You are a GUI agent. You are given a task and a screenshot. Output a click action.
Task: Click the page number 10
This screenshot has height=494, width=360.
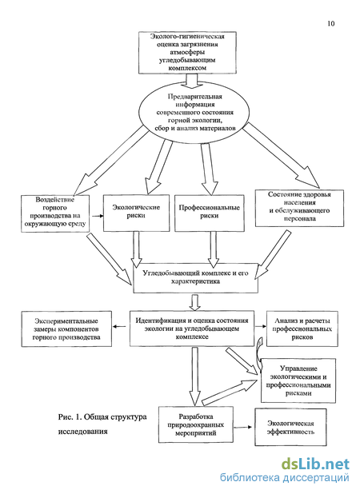(330, 24)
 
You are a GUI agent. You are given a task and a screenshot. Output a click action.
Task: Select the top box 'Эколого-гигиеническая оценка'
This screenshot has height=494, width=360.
(187, 53)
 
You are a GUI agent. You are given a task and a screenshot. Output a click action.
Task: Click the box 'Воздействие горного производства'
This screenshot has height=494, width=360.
(55, 213)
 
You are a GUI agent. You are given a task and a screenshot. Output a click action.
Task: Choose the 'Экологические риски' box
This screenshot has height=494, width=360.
(136, 213)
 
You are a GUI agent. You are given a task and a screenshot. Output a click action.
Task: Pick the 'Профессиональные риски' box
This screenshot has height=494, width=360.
(210, 213)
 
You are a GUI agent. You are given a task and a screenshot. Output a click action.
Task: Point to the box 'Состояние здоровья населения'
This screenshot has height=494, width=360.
(299, 208)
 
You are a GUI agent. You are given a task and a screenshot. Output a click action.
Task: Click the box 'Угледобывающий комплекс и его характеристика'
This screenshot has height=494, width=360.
(195, 278)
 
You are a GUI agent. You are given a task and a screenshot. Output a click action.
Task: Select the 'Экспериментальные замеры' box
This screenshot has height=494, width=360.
(66, 329)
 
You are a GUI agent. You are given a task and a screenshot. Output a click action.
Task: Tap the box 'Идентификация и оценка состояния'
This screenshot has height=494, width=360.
(192, 329)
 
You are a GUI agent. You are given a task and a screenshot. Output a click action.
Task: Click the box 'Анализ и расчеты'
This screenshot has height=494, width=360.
(302, 329)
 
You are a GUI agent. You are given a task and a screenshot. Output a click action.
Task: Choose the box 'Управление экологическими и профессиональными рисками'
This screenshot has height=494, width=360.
(298, 380)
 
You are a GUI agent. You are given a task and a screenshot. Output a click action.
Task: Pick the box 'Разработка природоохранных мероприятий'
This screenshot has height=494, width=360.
(196, 424)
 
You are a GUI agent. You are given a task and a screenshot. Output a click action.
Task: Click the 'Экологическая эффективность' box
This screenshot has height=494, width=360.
(290, 427)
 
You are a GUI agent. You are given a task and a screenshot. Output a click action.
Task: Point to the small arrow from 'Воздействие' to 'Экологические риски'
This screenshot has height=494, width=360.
(98, 216)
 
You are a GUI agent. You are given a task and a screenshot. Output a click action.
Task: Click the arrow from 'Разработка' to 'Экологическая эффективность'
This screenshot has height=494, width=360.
(242, 427)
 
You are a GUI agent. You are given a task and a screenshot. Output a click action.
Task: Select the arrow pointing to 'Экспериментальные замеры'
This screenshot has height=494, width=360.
(119, 326)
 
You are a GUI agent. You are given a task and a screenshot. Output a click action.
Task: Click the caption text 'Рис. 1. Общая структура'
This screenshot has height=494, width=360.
(102, 416)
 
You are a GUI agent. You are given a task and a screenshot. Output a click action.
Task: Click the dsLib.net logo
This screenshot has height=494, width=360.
(315, 464)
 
